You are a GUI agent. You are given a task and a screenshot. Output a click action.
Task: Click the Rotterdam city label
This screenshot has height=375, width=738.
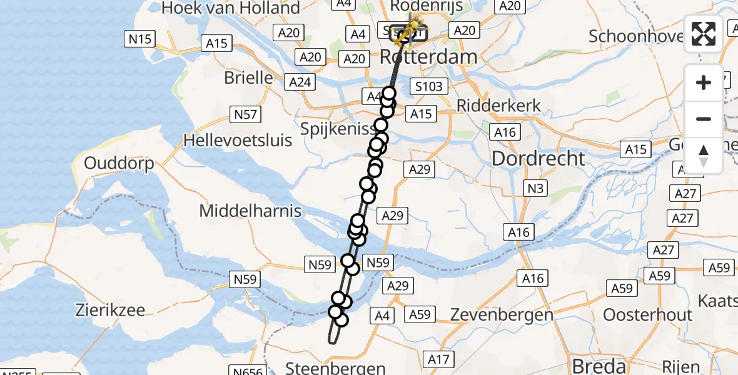point(428,57)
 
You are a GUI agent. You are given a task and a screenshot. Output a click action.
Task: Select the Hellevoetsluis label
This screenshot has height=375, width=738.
point(238,140)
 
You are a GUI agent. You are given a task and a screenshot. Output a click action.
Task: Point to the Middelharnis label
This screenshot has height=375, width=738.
point(250,211)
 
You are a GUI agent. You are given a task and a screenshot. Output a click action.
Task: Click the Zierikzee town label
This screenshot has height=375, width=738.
point(110,310)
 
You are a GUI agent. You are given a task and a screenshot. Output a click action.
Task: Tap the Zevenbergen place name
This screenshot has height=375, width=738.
point(502,314)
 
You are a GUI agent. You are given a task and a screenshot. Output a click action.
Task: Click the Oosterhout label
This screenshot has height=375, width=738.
point(647,314)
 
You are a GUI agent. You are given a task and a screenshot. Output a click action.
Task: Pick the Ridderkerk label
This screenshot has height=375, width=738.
point(498,106)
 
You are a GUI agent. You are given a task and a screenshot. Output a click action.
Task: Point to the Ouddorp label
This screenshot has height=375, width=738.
point(119,164)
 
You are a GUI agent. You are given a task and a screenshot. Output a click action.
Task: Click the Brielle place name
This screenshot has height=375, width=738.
point(249,78)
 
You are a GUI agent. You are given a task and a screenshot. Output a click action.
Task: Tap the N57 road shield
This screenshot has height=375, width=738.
point(246,114)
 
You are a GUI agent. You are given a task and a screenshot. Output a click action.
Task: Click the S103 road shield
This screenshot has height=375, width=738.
point(428,86)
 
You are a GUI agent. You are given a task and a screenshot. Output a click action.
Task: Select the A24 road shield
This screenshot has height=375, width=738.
point(300,82)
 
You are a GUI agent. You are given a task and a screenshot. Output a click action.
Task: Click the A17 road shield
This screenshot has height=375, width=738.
point(438,359)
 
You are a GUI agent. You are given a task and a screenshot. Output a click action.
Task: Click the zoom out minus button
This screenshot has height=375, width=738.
point(704,119)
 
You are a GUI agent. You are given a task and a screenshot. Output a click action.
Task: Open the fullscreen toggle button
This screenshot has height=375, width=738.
point(704,34)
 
